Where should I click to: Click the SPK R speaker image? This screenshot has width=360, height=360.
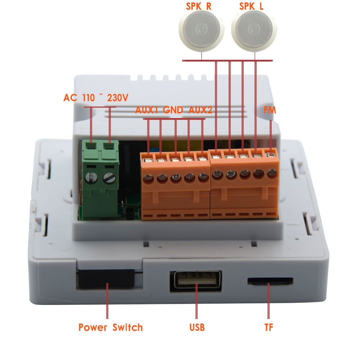[201, 29]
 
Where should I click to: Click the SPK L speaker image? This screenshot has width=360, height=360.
[254, 29]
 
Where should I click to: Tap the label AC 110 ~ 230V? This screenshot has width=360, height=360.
[96, 98]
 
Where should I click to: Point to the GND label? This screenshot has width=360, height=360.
[173, 110]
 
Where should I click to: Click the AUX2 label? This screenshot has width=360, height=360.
[200, 110]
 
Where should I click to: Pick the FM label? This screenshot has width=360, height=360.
[270, 110]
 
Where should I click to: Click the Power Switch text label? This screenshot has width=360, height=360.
[111, 327]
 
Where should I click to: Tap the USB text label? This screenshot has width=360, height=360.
[197, 327]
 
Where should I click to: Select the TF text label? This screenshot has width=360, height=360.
[269, 327]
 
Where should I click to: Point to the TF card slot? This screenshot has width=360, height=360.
[270, 282]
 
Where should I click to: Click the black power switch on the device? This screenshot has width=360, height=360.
[106, 279]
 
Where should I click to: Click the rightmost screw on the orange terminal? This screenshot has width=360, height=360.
[272, 173]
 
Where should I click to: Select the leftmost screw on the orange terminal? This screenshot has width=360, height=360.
[149, 179]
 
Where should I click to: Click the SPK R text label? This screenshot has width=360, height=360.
[199, 6]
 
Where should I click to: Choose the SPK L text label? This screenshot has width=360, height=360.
[251, 6]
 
